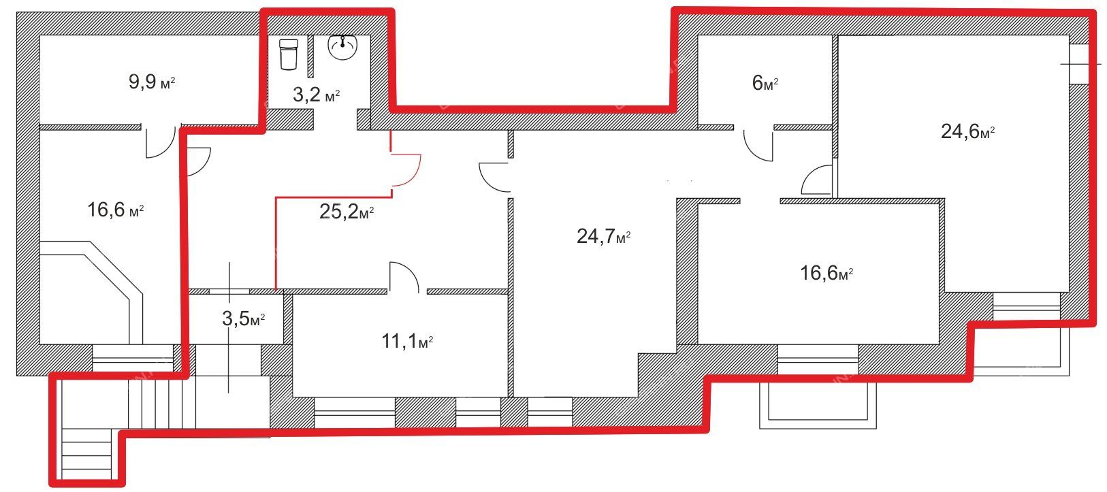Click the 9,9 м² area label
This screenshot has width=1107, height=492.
[152, 82]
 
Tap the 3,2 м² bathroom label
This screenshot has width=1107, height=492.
[317, 95]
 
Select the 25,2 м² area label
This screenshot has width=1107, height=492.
[347, 212]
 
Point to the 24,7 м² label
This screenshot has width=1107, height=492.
[603, 236]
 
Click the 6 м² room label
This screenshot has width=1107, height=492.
[765, 83]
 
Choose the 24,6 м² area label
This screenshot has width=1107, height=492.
[967, 131]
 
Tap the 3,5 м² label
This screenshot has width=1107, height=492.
[243, 318]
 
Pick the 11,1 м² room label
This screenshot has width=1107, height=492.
[407, 341]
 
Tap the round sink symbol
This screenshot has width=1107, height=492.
[342, 47]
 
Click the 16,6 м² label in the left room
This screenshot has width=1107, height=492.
[116, 210]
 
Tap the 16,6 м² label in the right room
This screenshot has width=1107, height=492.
[827, 272]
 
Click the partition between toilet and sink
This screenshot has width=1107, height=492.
[310, 56]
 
